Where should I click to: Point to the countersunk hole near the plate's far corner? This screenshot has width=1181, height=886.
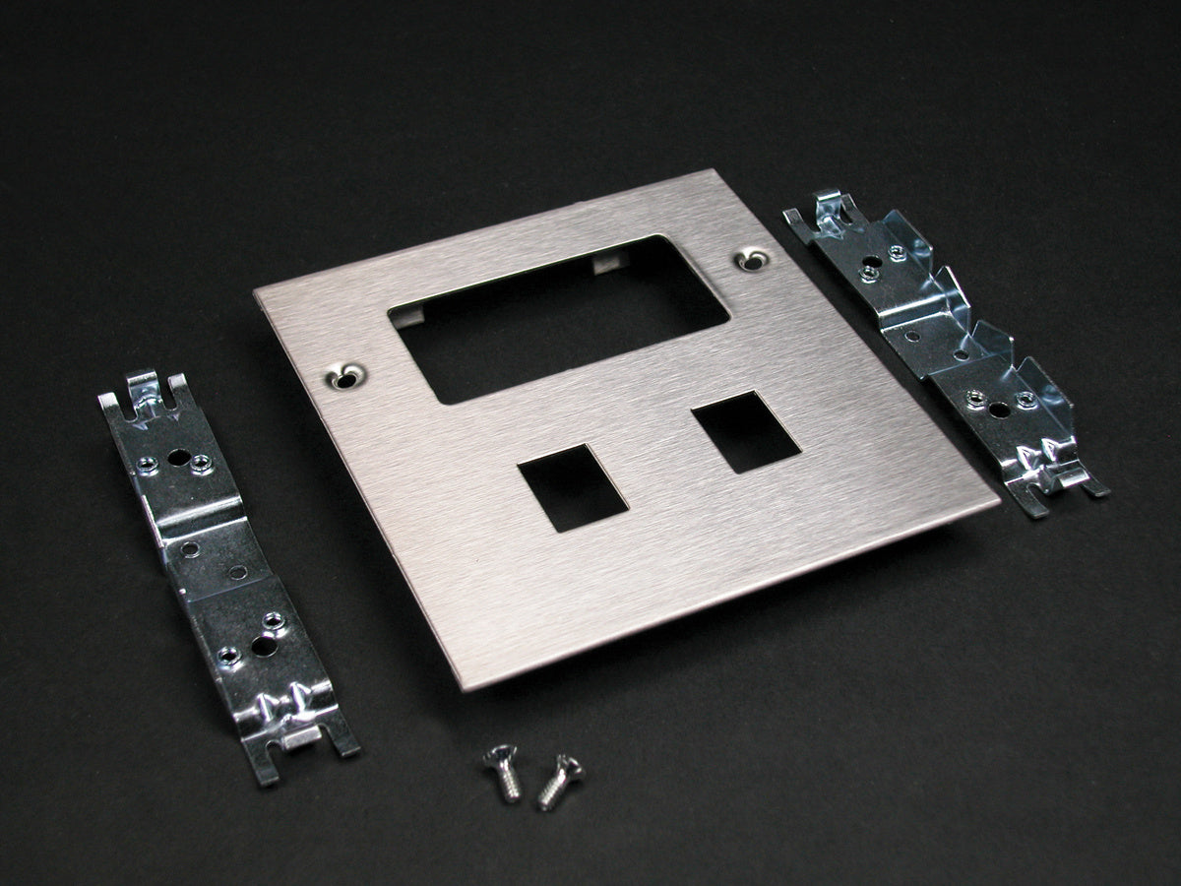point(751,260)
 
